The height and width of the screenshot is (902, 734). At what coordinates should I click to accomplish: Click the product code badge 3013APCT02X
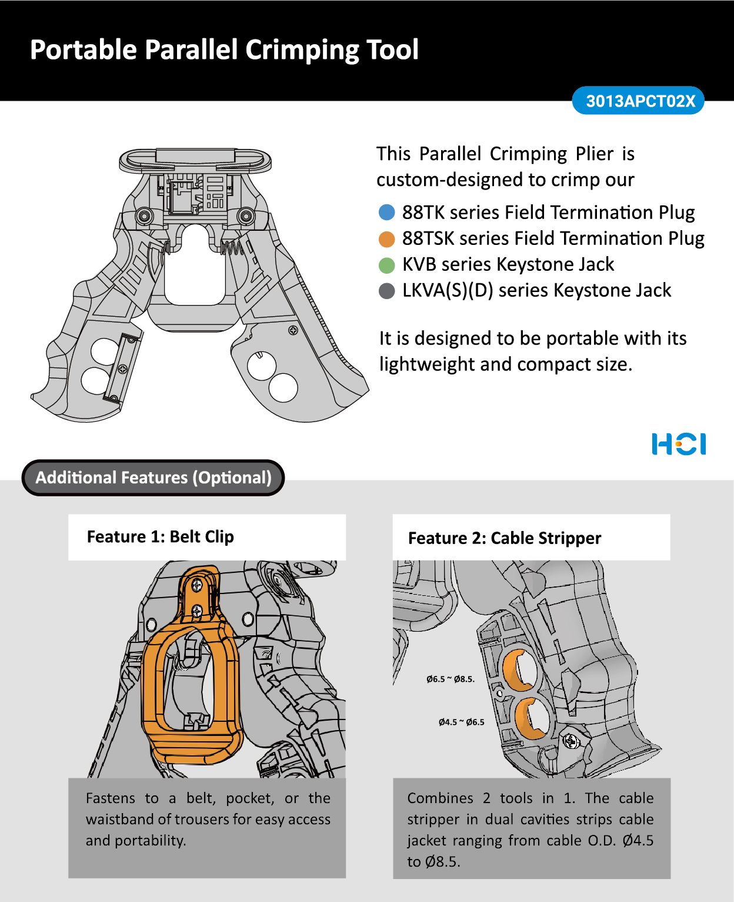click(x=639, y=101)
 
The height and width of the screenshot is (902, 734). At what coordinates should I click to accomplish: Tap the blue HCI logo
click(x=679, y=444)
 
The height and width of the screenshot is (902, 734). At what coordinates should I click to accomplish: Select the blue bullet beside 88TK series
click(x=386, y=212)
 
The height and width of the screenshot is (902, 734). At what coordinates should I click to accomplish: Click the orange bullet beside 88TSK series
click(x=386, y=238)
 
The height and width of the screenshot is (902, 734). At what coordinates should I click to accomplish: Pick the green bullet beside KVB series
click(x=386, y=265)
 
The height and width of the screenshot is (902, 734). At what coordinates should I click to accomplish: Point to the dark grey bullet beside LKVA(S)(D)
click(x=386, y=291)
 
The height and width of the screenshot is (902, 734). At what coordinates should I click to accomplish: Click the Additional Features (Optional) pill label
click(x=154, y=477)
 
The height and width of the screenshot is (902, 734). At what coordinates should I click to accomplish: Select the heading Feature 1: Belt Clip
click(x=160, y=537)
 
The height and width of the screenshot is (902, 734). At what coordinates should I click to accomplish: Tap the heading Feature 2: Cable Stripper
click(x=504, y=538)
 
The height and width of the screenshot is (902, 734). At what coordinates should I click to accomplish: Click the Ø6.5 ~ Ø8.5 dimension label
click(x=451, y=679)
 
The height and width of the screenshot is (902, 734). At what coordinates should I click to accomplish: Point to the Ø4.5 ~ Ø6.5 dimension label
click(x=462, y=722)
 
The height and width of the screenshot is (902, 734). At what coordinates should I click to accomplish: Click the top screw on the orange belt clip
click(x=198, y=585)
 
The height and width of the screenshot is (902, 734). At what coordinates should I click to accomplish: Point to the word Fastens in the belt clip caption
click(x=111, y=798)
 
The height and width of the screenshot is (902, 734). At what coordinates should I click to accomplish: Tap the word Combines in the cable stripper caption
click(x=440, y=798)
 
